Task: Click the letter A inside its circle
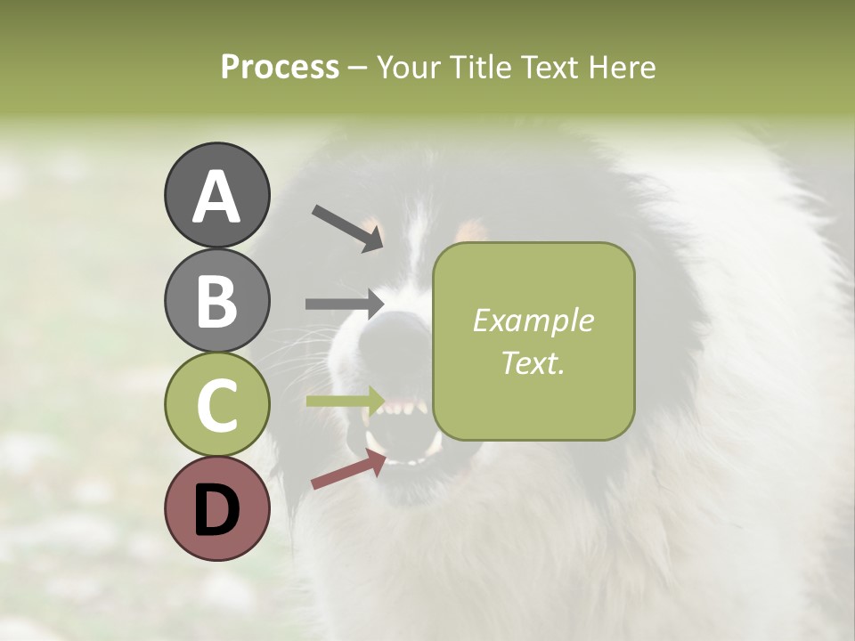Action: pyautogui.click(x=216, y=196)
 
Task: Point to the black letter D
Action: pyautogui.click(x=216, y=511)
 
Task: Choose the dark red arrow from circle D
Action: pyautogui.click(x=348, y=470)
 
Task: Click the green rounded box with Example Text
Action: pyautogui.click(x=533, y=341)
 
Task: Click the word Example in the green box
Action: pyautogui.click(x=533, y=320)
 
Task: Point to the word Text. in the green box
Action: pyautogui.click(x=533, y=362)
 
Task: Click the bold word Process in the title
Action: pyautogui.click(x=280, y=67)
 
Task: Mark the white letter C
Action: pyautogui.click(x=216, y=406)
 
